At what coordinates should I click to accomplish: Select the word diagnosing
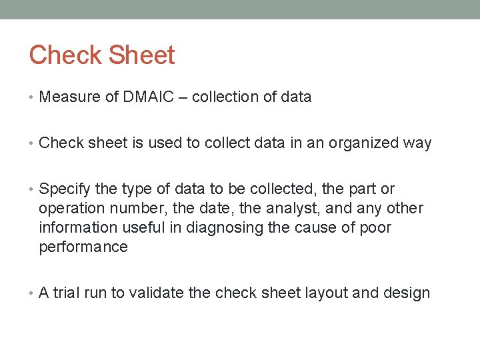225,228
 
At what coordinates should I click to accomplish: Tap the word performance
83,247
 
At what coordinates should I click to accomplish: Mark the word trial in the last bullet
67,293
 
